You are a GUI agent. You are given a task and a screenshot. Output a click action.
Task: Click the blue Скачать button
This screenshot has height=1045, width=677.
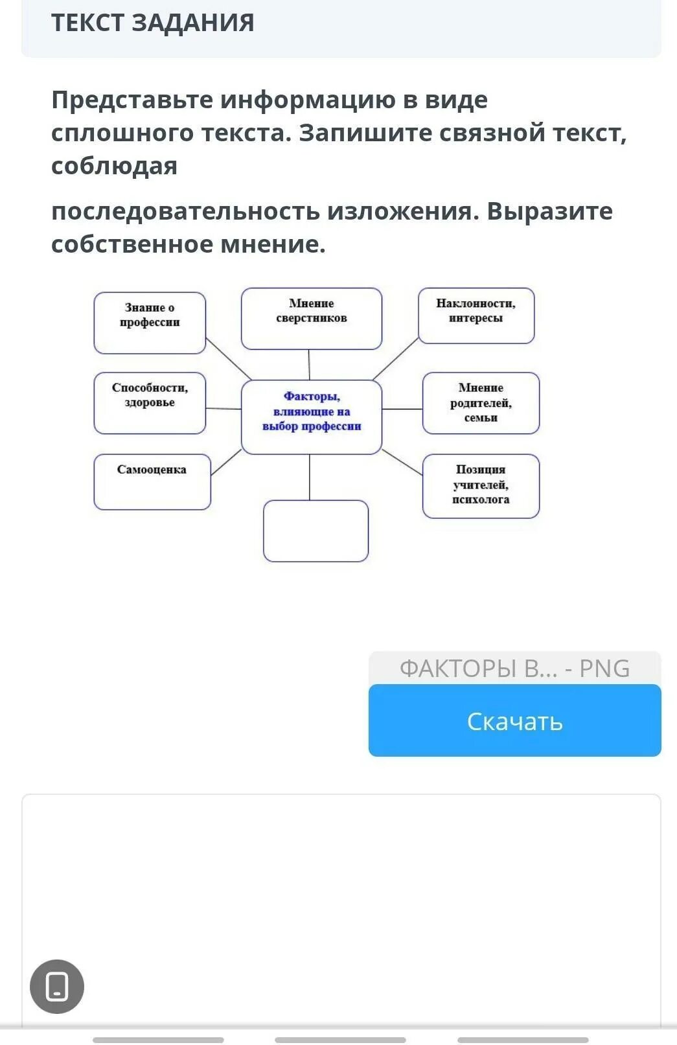point(514,720)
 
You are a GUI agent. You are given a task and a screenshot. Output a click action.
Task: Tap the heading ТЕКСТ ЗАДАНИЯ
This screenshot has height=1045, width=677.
point(153,23)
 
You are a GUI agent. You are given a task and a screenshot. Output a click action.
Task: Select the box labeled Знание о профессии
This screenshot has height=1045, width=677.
point(150,323)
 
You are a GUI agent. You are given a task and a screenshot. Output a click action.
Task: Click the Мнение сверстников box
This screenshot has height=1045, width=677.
point(311,319)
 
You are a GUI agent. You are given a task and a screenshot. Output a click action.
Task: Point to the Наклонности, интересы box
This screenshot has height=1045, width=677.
point(476,316)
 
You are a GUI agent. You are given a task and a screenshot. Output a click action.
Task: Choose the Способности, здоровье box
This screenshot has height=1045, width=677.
point(150,402)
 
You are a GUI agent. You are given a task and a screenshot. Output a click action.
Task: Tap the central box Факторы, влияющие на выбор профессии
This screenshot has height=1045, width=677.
point(311,417)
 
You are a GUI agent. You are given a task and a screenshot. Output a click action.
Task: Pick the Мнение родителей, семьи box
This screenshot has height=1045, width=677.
point(481,402)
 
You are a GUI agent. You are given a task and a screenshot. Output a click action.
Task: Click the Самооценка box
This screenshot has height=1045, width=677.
point(152,481)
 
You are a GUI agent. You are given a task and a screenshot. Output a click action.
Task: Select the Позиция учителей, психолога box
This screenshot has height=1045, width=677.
point(481,485)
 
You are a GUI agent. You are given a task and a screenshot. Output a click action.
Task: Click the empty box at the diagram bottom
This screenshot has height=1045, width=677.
point(316,531)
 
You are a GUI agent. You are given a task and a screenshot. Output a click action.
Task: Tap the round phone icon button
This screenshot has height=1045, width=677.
point(57,986)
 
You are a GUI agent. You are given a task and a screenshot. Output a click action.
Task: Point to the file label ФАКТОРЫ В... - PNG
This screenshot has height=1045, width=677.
point(514,668)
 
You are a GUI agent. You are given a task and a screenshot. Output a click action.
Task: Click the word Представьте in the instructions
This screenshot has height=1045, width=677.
point(132,100)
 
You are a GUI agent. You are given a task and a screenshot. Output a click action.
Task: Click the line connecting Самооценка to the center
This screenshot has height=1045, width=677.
point(226,463)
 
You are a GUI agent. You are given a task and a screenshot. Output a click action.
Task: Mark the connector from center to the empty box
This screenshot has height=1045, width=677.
point(310,477)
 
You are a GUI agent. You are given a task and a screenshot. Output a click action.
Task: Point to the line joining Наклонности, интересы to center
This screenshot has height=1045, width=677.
point(395,358)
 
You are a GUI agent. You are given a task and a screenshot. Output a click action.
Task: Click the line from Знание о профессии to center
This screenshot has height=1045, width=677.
point(228,358)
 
